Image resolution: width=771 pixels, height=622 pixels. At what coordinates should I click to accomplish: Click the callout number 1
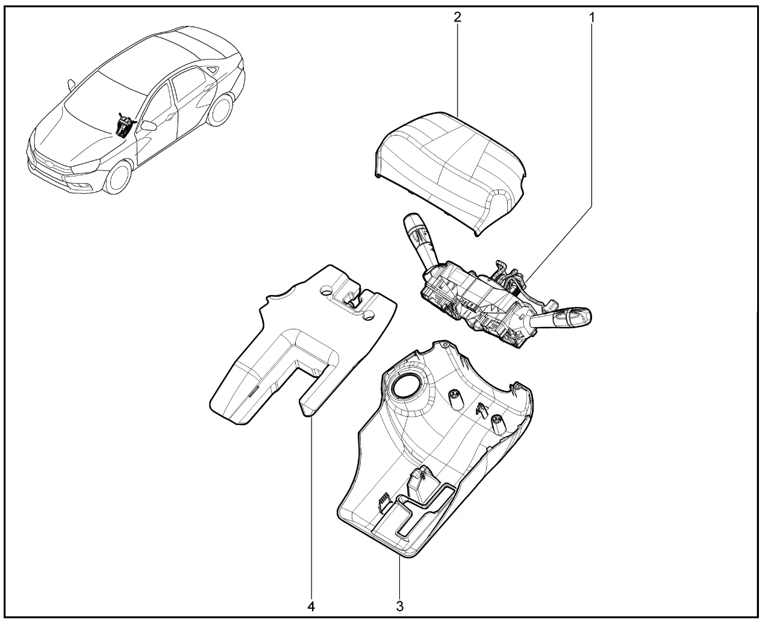[592, 17]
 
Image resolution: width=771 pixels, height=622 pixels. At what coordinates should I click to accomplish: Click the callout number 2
[458, 17]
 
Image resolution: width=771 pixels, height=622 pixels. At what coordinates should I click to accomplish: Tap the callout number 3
[399, 606]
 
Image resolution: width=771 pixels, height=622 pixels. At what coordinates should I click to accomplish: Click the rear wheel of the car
[220, 109]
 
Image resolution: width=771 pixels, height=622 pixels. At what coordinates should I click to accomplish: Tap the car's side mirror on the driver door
[148, 126]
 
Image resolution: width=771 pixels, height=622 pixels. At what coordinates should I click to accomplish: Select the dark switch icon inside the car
[125, 125]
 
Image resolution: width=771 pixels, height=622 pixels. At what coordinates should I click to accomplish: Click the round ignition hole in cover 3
[406, 388]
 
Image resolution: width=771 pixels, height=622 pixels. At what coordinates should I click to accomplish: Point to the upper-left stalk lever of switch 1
[420, 239]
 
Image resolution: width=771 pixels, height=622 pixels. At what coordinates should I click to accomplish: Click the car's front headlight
[86, 166]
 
